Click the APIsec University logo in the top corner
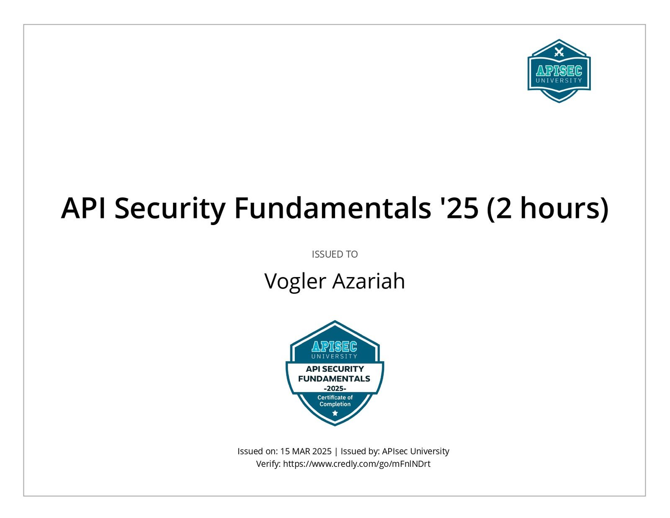coord(559,71)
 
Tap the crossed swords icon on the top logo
coord(559,52)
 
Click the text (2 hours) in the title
coord(547,209)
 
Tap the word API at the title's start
coord(83,208)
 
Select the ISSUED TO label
coord(335,254)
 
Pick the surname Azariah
coord(368,281)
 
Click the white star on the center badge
coord(335,413)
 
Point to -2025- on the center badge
coord(335,389)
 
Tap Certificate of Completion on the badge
coord(335,401)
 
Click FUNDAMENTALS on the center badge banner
coord(334,379)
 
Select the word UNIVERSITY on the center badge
coord(334,356)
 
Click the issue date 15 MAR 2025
coord(306,451)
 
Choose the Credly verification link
coord(357,464)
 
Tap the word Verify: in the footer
coord(268,464)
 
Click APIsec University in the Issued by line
coord(416,451)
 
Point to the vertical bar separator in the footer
coord(336,452)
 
